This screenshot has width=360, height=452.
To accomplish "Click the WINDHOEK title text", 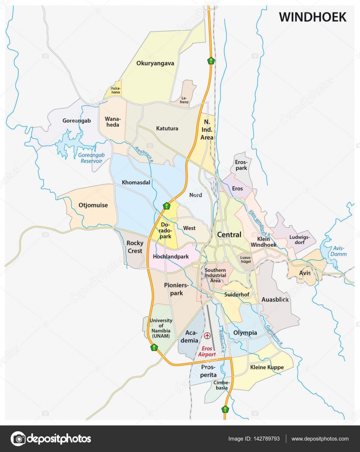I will click(x=312, y=17).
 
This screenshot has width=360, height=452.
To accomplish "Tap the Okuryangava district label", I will click(x=155, y=63).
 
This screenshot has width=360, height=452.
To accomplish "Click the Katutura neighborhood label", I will click(x=167, y=128).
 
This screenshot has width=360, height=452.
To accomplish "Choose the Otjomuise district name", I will click(x=93, y=205).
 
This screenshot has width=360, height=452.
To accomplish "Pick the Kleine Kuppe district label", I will click(x=266, y=367).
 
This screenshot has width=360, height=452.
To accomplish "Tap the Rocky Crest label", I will click(x=135, y=247).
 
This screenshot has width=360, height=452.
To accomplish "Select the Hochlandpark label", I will click(x=171, y=256).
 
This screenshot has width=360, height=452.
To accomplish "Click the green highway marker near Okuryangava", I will click(x=212, y=61).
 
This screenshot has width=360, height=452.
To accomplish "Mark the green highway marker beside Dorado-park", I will click(x=166, y=206).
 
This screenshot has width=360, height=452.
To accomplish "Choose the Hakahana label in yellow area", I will click(x=116, y=90).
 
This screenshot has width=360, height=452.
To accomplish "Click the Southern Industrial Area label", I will click(x=215, y=275).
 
